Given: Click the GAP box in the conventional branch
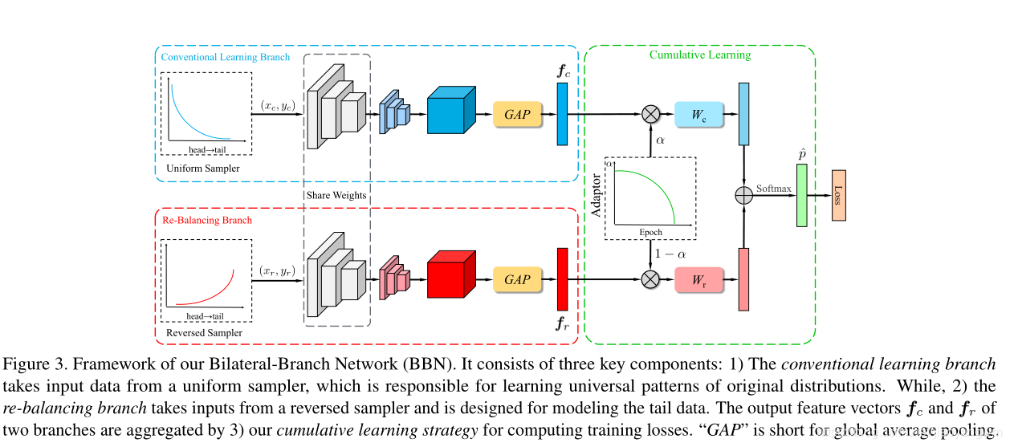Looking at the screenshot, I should pos(517,113).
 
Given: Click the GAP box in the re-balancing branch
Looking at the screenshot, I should pos(517,279).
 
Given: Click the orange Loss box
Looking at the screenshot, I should pos(838,195).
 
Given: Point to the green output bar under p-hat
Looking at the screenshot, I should pos(800,195).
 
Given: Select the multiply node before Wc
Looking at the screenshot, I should pos(651,113).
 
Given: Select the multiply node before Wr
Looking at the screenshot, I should pos(651,279).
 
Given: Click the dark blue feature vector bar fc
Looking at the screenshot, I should pos(562,113).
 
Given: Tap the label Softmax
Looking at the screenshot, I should pos(773,189).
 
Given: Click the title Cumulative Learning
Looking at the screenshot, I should pos(699,55).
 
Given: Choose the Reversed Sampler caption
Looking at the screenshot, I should pos(204,332).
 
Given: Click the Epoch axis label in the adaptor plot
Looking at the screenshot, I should pos(650,232).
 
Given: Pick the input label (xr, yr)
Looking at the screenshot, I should pos(279,271).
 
